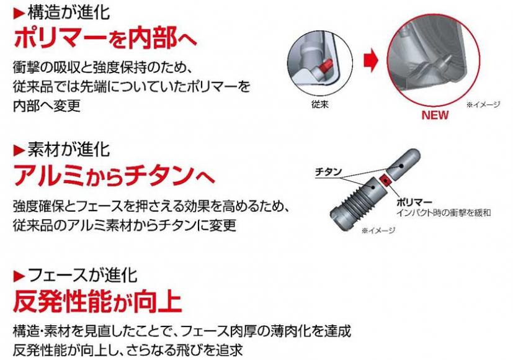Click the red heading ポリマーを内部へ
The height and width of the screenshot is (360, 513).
(x=105, y=38)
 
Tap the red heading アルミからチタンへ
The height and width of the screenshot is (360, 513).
(x=114, y=176)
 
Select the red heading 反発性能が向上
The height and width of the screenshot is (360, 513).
(x=97, y=302)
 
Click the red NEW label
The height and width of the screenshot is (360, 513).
(x=435, y=115)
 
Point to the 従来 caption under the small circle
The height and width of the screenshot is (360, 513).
(x=320, y=104)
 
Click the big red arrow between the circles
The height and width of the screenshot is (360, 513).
(x=371, y=60)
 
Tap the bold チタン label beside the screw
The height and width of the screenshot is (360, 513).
(x=328, y=171)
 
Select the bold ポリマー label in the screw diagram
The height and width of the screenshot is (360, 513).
(x=414, y=202)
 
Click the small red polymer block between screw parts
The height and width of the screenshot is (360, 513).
(x=385, y=179)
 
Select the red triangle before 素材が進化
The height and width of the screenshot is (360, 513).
(x=19, y=151)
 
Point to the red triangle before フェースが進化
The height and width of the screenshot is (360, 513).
(x=19, y=277)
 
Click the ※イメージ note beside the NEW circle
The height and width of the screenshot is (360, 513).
(x=483, y=104)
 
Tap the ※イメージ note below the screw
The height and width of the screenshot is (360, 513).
(x=378, y=230)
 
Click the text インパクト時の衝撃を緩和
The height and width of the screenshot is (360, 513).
(x=444, y=213)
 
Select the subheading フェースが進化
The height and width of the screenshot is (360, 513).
(x=82, y=276)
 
